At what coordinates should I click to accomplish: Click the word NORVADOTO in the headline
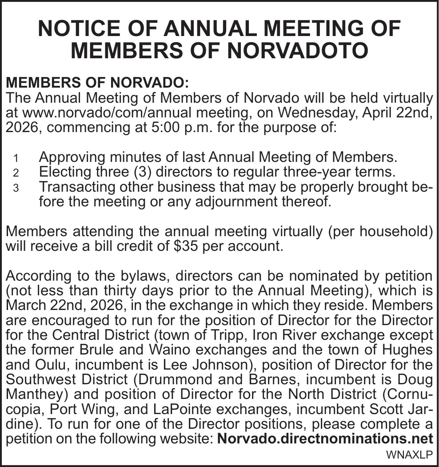[298, 50]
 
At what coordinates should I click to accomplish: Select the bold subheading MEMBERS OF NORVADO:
[97, 83]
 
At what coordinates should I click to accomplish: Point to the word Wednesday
[291, 113]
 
